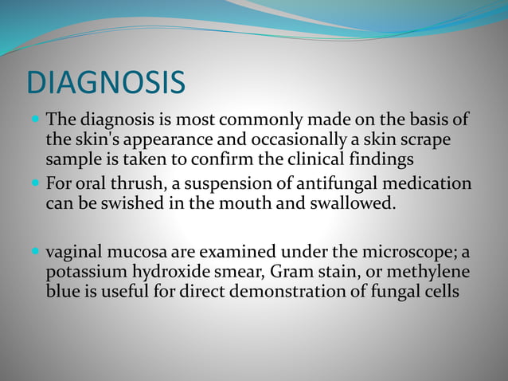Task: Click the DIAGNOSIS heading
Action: tap(106, 83)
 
